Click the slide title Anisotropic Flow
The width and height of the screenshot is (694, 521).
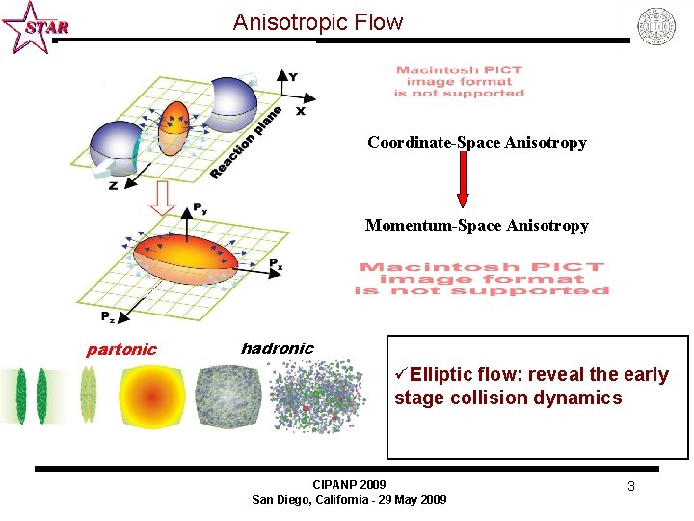pyautogui.click(x=318, y=22)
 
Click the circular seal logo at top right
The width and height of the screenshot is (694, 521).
pyautogui.click(x=657, y=26)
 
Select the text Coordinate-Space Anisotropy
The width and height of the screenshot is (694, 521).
pyautogui.click(x=476, y=143)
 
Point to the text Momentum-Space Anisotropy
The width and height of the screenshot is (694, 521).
pyautogui.click(x=476, y=226)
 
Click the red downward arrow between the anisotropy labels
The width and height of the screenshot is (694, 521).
pyautogui.click(x=463, y=180)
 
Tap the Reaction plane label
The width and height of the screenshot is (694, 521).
pyautogui.click(x=246, y=144)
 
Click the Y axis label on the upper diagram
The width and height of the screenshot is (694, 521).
pyautogui.click(x=293, y=76)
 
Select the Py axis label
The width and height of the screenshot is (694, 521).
pyautogui.click(x=200, y=207)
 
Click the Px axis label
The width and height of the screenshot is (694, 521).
pyautogui.click(x=275, y=262)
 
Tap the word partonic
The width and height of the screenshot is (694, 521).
pyautogui.click(x=121, y=349)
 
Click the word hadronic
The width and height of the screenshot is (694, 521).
pyautogui.click(x=277, y=348)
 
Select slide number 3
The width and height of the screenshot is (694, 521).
pyautogui.click(x=630, y=486)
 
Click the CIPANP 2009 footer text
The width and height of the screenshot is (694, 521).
pyautogui.click(x=349, y=484)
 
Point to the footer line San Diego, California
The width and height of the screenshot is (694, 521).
pyautogui.click(x=349, y=499)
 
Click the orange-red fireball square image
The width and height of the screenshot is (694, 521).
pyautogui.click(x=151, y=397)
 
